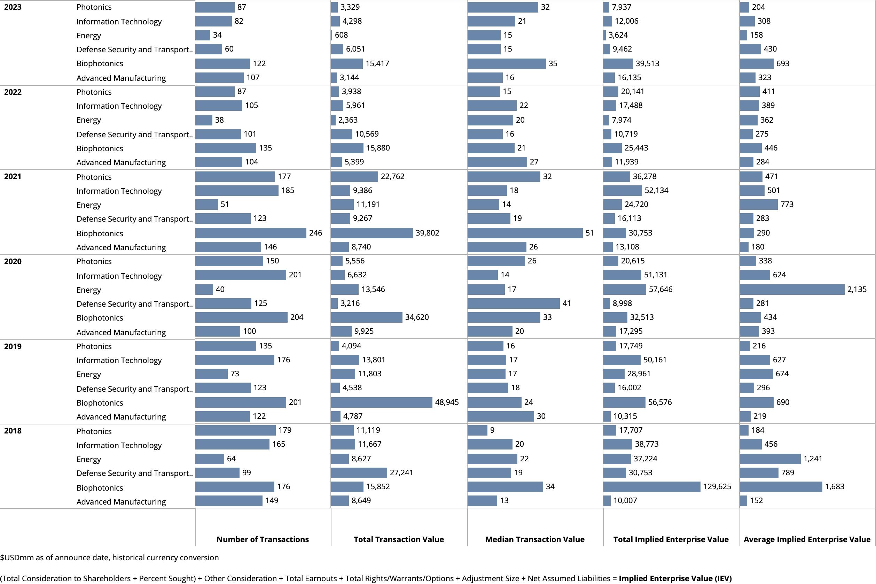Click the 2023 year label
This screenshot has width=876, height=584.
click(13, 7)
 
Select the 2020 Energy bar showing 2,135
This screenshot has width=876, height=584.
click(791, 290)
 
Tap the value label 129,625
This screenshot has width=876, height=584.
click(717, 486)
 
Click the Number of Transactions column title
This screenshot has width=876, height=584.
click(263, 539)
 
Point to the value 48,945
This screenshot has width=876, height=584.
click(447, 402)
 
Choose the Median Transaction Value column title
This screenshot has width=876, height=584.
click(535, 539)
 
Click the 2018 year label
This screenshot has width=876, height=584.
click(13, 431)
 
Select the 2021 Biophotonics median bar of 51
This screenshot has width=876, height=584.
click(525, 233)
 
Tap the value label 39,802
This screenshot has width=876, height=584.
click(427, 233)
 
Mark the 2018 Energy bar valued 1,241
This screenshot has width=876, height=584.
click(769, 459)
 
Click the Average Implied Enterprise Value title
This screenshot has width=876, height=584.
click(807, 539)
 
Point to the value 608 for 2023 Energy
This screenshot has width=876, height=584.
click(341, 35)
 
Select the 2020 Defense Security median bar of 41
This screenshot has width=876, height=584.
click(513, 303)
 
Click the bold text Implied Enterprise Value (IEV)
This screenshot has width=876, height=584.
click(675, 578)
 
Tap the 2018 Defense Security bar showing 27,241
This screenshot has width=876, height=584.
click(359, 472)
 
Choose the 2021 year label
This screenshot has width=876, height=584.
click(13, 177)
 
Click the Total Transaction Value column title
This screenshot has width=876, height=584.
click(399, 539)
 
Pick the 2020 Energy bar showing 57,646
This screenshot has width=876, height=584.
click(624, 290)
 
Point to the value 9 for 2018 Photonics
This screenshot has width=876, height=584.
click(492, 430)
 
